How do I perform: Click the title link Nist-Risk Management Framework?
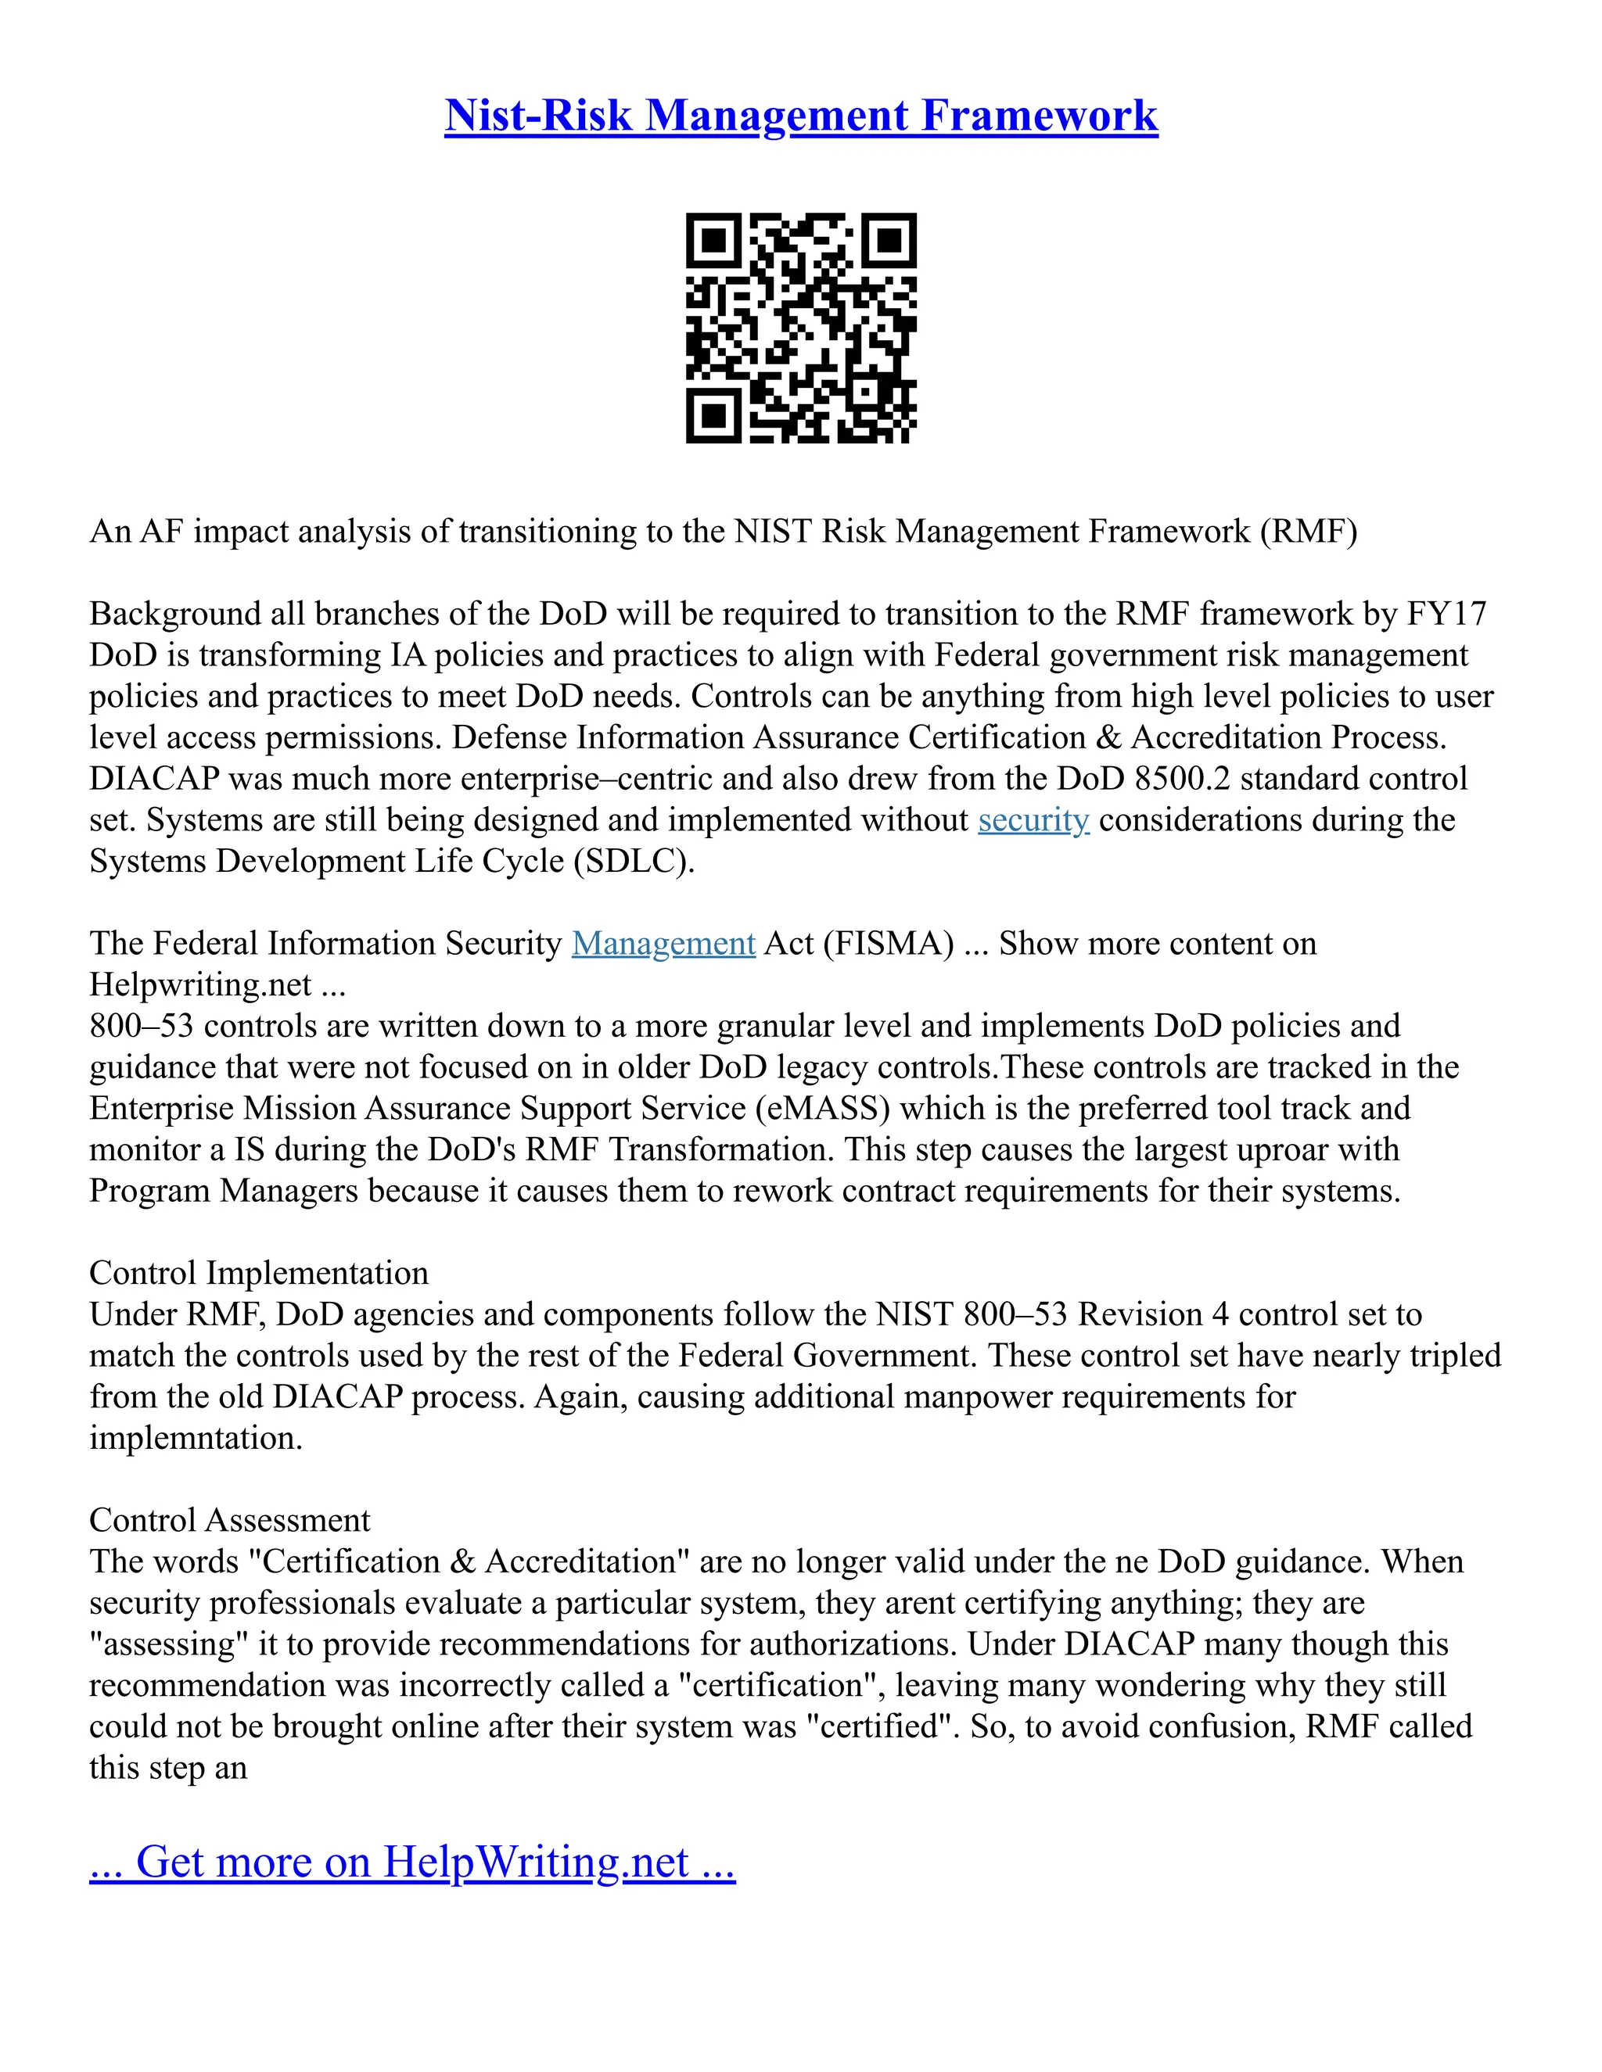click(800, 116)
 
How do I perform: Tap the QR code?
click(801, 328)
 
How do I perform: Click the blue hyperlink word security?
click(1033, 819)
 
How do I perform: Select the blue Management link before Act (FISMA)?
click(663, 943)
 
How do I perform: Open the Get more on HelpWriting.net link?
click(412, 1862)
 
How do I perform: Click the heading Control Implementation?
click(258, 1272)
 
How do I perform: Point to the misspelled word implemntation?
click(196, 1437)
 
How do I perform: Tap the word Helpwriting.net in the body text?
click(200, 984)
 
